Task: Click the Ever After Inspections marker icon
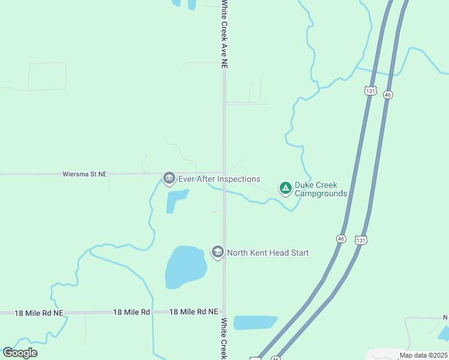(169, 178)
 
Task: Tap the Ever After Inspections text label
(219, 179)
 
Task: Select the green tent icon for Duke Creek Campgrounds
(286, 188)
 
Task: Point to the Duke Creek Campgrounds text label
(321, 189)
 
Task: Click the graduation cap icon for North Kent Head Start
(217, 252)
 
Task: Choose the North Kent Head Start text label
(267, 253)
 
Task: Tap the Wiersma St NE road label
(85, 174)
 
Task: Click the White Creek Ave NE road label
(224, 34)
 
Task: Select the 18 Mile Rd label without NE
(131, 312)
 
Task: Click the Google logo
(20, 352)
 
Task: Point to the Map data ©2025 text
(423, 355)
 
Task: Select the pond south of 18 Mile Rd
(255, 322)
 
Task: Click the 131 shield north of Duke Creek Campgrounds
(370, 91)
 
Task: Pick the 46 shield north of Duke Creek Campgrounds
(388, 95)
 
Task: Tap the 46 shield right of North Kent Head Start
(341, 238)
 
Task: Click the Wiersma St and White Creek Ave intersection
(224, 173)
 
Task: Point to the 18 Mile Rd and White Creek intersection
(224, 312)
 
